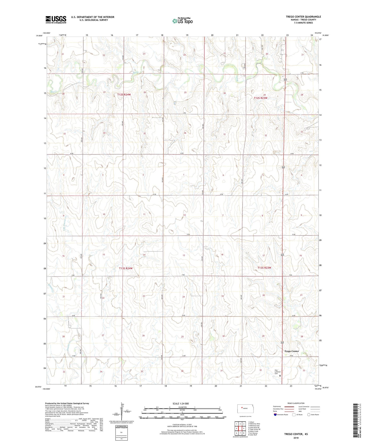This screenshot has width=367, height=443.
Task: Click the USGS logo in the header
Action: tap(56, 19)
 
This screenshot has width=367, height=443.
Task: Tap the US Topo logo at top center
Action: tap(182, 21)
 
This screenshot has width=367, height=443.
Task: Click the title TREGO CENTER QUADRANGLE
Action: tap(303, 17)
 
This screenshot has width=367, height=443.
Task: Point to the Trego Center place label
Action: tap(291, 351)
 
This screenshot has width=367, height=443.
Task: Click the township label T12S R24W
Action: tap(124, 95)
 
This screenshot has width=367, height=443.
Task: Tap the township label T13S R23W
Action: tap(264, 268)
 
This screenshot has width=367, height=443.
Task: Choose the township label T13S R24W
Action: tap(126, 268)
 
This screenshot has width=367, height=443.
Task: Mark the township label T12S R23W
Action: tap(261, 98)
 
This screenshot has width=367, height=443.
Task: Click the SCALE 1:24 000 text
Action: tap(181, 403)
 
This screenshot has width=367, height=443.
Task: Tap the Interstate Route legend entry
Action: tap(281, 415)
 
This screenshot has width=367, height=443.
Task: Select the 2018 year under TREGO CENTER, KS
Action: tap(296, 437)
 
